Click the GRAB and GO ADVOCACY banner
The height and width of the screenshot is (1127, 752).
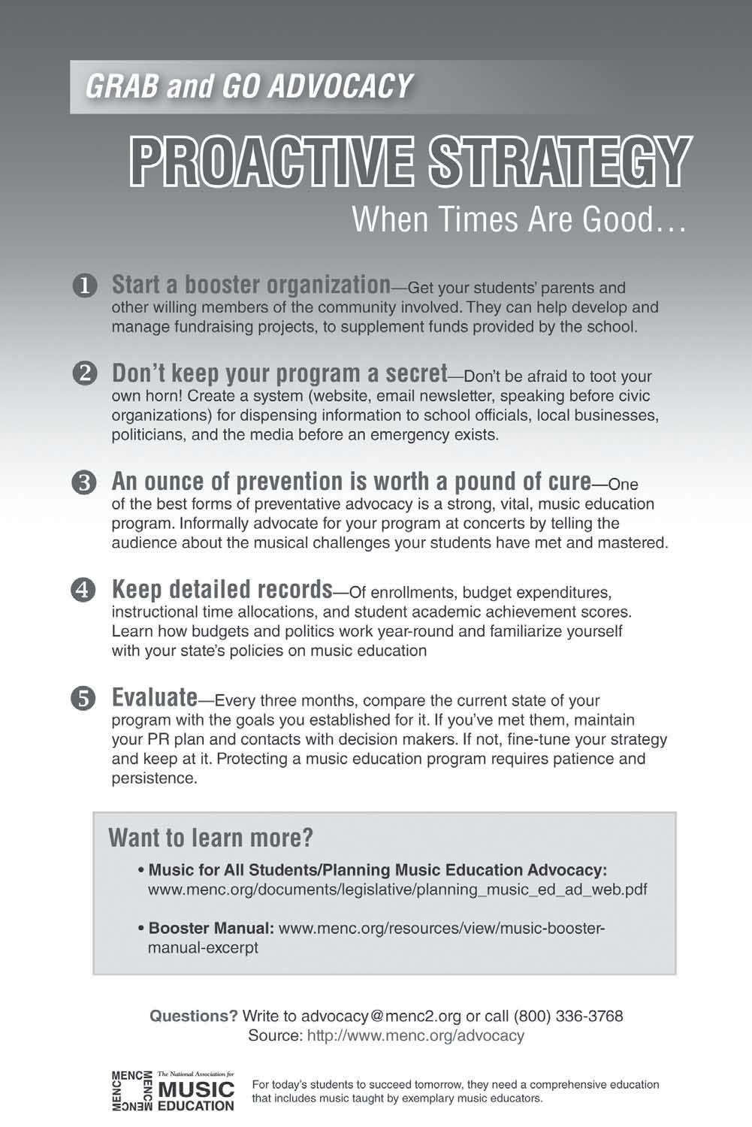pos(248,86)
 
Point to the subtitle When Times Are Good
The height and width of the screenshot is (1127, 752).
pos(518,219)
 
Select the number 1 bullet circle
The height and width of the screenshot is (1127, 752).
pos(84,286)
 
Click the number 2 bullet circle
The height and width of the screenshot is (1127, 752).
pos(84,374)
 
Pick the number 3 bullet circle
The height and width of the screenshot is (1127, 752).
pos(84,482)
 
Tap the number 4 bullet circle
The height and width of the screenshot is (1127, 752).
pos(84,589)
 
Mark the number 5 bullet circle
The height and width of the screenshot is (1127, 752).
pos(84,699)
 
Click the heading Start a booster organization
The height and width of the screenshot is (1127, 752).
pos(251,285)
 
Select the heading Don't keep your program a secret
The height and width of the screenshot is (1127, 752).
pos(279,373)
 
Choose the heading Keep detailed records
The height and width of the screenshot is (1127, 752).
pos(222,588)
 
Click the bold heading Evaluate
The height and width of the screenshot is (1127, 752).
pos(154,697)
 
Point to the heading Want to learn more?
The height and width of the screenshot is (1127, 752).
pos(210,837)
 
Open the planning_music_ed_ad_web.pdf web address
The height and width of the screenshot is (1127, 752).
pos(397,890)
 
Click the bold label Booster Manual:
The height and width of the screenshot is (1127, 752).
pos(211,928)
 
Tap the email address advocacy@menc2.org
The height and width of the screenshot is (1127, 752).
pos(381,1017)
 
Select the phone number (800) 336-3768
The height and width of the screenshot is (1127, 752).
pos(568,1017)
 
